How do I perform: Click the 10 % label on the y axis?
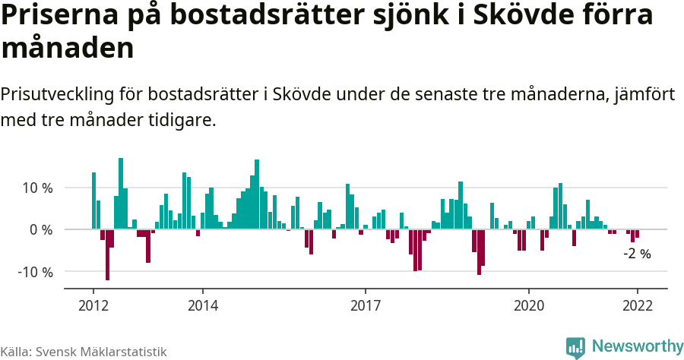pos(36,188)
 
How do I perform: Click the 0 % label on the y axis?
pos(41,229)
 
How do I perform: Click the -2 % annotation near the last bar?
pos(637,254)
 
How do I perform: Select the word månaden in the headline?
pos(68,49)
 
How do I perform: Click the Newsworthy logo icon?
pos(575,347)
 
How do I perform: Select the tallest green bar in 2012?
pos(121,193)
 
